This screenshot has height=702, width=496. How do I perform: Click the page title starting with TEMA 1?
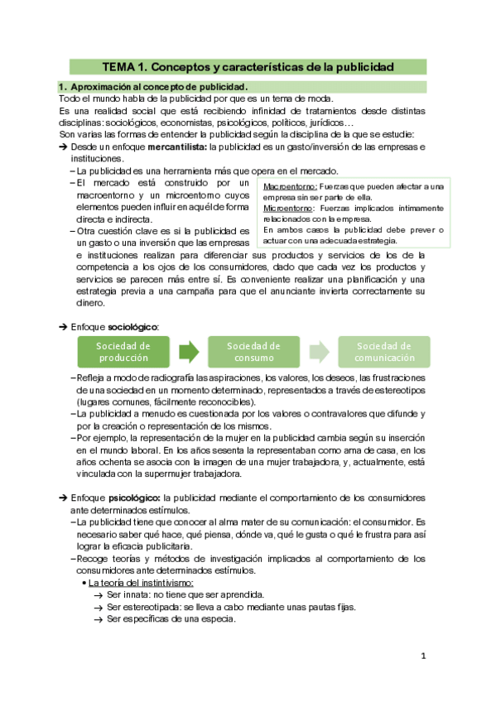[248, 66]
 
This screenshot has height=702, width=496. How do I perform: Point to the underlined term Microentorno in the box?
[287, 209]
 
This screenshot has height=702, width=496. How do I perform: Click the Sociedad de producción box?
[123, 352]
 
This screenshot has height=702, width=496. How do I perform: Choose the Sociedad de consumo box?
[253, 352]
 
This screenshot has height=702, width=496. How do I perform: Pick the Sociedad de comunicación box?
[384, 352]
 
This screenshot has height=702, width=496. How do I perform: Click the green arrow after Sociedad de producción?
[189, 352]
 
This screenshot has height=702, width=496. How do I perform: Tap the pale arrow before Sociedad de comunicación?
[319, 352]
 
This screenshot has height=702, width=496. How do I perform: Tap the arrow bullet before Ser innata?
[98, 595]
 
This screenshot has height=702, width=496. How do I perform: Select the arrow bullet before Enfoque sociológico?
[63, 328]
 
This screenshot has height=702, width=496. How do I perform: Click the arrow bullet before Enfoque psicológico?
[63, 498]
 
